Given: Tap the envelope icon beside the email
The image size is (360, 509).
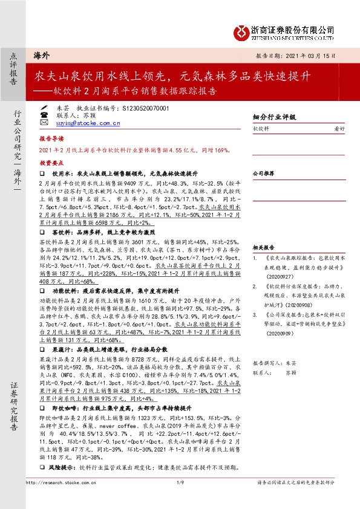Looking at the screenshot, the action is [44, 123].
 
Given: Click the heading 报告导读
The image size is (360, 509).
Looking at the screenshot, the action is [51, 138].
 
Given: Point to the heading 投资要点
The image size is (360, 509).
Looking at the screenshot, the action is [51, 163].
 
